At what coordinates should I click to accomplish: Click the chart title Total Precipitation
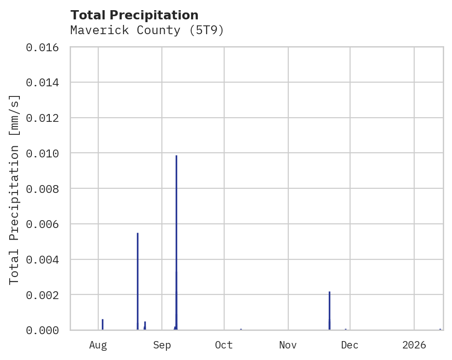135,15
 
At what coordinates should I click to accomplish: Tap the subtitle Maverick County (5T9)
147,30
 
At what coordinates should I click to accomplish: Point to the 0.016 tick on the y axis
45,47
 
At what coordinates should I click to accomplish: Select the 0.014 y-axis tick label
45,83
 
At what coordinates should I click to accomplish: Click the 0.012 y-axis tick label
45,118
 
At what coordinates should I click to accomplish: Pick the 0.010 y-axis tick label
45,153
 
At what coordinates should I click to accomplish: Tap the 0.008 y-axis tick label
45,189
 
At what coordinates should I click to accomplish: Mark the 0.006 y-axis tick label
45,224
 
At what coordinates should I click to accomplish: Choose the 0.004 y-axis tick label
45,259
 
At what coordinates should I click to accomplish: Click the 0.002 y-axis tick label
45,294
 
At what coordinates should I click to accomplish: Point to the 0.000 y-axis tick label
45,330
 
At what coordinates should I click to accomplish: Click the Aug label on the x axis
98,345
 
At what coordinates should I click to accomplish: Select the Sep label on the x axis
162,345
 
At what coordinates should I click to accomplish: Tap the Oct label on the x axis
224,345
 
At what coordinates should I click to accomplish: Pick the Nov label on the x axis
288,345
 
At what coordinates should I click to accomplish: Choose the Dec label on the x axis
350,345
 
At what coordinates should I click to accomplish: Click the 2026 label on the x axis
414,345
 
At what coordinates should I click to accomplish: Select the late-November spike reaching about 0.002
329,309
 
